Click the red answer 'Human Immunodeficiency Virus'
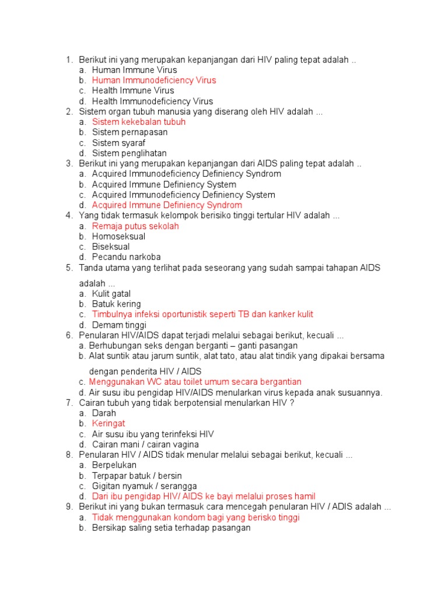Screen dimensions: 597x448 [154, 80]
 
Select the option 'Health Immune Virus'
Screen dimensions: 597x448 [133, 91]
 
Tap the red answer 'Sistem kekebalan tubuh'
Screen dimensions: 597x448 [139, 122]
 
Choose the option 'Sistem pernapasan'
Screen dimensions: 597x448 [129, 132]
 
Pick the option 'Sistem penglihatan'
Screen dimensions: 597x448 [129, 153]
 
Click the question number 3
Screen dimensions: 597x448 [69, 164]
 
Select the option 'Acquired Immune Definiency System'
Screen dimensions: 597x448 [164, 185]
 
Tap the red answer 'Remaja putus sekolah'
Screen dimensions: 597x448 [135, 226]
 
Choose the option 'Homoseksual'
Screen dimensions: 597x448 [118, 237]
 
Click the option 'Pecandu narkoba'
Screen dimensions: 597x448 [126, 257]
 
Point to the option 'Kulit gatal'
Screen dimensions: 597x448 [111, 294]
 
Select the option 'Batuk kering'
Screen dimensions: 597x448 [116, 304]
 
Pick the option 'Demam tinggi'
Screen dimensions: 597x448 [119, 325]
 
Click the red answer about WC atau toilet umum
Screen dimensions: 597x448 [195, 382]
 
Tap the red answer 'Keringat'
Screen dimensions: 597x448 [108, 424]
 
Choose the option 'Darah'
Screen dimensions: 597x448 [104, 413]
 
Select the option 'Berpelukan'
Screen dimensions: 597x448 [114, 465]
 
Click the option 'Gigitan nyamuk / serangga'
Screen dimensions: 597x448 [144, 486]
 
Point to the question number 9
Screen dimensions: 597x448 [69, 507]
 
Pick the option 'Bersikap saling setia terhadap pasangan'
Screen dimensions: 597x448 [171, 528]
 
